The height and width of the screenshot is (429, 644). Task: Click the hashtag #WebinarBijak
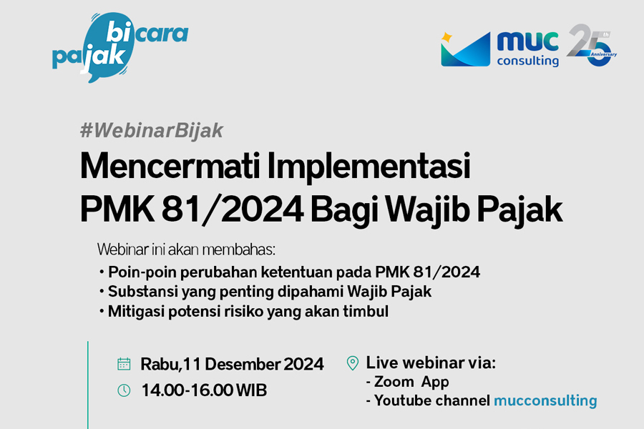152,130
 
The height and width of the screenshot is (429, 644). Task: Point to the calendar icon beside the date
124,364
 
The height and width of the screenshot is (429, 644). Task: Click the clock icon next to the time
124,390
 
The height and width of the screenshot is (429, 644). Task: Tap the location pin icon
352,363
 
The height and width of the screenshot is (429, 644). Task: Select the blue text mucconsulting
545,400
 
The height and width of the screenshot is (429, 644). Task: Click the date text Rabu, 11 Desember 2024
232,364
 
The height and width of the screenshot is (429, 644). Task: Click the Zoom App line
407,382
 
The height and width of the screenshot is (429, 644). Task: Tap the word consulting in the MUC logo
528,61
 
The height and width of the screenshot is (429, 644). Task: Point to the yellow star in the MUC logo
446,36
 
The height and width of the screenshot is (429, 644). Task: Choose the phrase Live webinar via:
431,363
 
